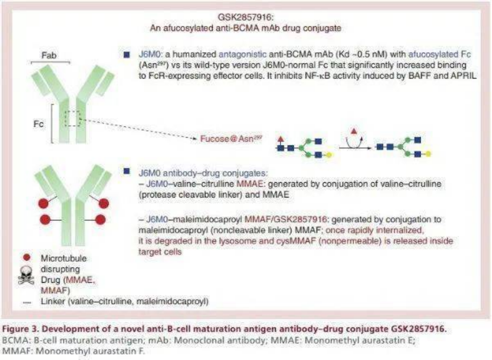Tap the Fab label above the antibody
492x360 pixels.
(x=49, y=56)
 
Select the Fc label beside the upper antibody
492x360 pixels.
(x=39, y=124)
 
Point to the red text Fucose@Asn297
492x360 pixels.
(x=231, y=138)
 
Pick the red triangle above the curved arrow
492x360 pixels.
(x=354, y=131)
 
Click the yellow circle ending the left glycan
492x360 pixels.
(x=329, y=154)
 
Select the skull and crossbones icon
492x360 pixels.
(x=27, y=276)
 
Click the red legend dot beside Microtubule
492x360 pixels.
(x=27, y=257)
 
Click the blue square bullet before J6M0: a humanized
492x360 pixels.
(x=127, y=55)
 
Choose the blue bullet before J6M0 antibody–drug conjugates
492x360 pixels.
(x=127, y=172)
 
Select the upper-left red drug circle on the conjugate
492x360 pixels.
(x=43, y=204)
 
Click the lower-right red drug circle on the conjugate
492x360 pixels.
(x=101, y=220)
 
